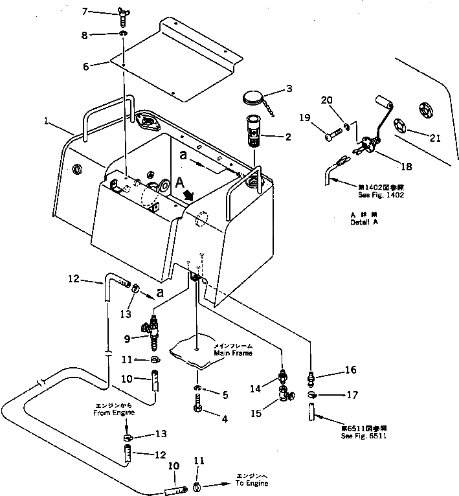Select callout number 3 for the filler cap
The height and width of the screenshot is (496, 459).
(x=289, y=88)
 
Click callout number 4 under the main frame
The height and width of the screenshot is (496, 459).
(x=225, y=418)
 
